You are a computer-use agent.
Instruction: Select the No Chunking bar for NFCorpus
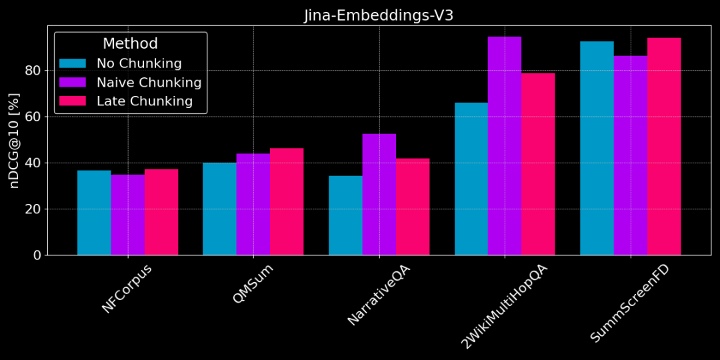pos(94,213)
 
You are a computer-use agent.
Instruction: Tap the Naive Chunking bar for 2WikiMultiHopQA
pos(505,146)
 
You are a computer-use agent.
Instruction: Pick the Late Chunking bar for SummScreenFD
pos(664,147)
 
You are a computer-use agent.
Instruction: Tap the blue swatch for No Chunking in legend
pos(73,63)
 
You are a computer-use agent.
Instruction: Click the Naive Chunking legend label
pos(149,83)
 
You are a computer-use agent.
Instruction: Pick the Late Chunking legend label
pos(145,101)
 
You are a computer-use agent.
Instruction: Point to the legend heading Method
pos(130,44)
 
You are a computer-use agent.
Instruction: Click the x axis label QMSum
pos(253,284)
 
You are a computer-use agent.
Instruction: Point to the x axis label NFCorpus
pos(127,289)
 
